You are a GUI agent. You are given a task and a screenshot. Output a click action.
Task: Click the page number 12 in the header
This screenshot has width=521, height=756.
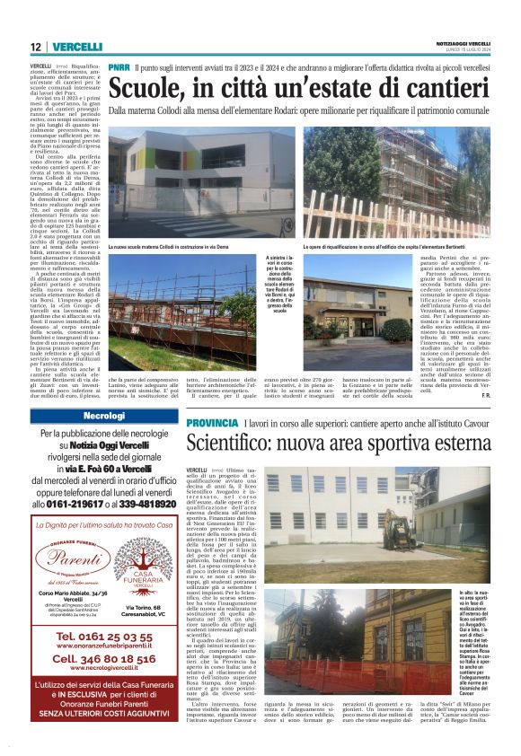click(x=35, y=47)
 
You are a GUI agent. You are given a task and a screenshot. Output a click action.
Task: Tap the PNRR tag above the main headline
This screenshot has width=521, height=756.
click(x=119, y=67)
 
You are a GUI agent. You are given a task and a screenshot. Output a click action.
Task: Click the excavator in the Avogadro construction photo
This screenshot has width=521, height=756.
click(x=399, y=529)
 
